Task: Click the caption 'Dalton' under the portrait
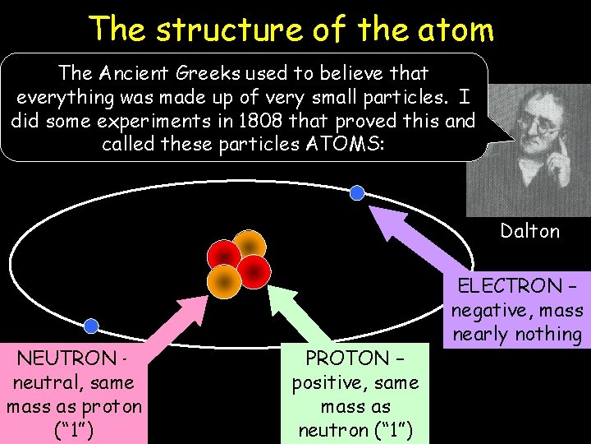(529, 231)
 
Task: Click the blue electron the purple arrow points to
(356, 193)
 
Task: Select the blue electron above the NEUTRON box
(91, 326)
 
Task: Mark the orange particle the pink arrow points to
(223, 280)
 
